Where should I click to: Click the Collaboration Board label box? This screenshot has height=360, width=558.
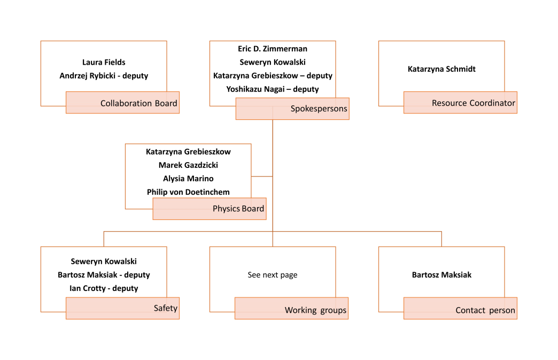(122, 103)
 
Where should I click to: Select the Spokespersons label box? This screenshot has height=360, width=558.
(292, 109)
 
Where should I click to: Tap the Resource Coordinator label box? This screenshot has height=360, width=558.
(460, 103)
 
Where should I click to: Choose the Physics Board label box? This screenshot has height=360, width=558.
(210, 209)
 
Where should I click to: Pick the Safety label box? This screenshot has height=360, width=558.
(122, 308)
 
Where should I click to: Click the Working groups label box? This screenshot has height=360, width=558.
(291, 309)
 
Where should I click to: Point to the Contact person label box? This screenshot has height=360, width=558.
(460, 309)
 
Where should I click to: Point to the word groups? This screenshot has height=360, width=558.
(333, 310)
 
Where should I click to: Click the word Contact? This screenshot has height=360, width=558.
(470, 310)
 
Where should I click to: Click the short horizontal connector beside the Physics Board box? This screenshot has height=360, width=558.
(262, 176)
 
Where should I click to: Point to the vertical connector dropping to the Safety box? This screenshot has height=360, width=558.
(104, 239)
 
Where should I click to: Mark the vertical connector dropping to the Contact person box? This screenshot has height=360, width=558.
(441, 239)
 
